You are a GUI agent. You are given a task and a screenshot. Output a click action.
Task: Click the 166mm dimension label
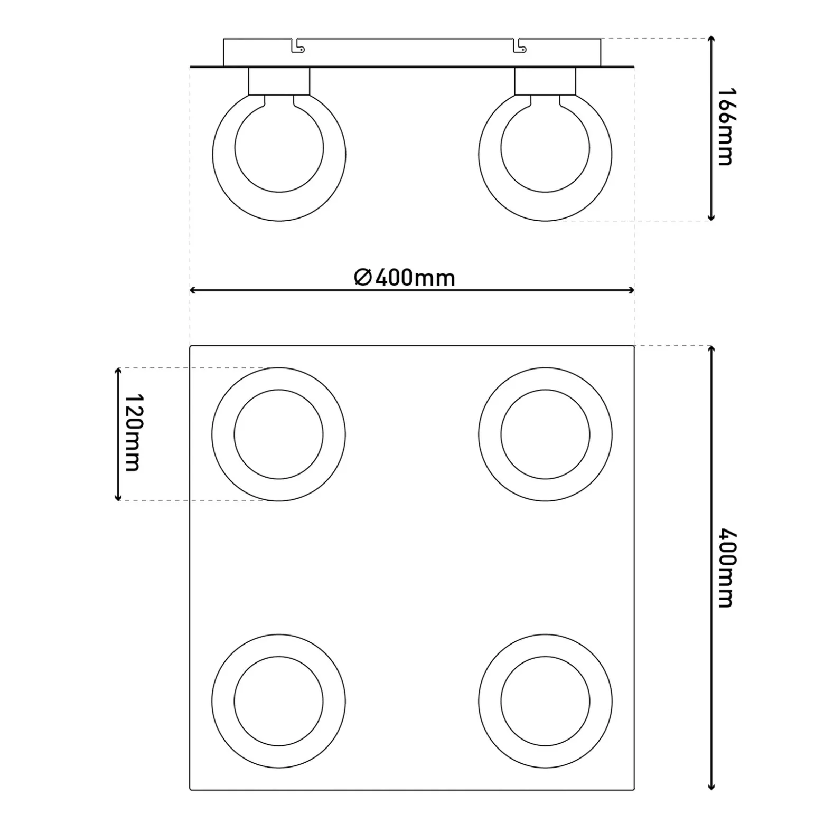[725, 127]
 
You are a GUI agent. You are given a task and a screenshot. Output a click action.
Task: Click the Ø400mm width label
[405, 277]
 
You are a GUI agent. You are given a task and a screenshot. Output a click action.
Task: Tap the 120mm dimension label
[132, 432]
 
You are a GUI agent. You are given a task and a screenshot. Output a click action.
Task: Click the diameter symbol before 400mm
[363, 277]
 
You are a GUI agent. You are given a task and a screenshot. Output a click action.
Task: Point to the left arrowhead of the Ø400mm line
[193, 290]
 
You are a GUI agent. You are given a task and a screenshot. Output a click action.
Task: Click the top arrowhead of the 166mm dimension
[711, 40]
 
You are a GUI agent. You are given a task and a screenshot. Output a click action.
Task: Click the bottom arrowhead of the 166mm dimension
[711, 216]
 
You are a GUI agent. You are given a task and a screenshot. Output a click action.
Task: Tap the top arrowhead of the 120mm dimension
[118, 372]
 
